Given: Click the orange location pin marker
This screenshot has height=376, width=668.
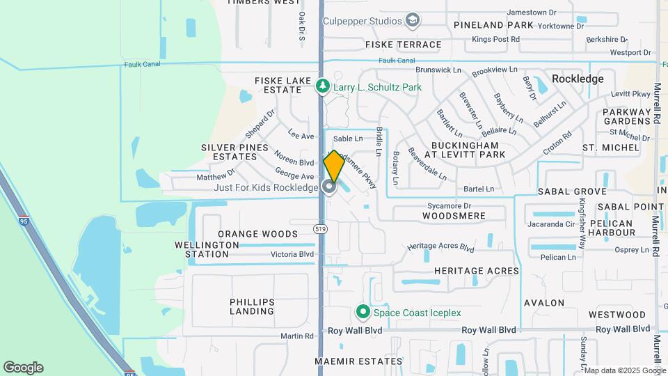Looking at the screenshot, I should click(x=334, y=166).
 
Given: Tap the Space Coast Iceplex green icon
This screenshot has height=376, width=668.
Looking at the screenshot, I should click(x=362, y=312).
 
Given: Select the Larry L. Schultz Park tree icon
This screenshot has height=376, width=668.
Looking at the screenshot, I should click(x=322, y=86).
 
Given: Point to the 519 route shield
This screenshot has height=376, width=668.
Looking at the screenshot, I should click(x=321, y=228).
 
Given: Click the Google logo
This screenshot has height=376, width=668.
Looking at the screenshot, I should click(x=23, y=368).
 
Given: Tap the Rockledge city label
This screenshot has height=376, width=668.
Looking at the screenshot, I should click(x=578, y=79).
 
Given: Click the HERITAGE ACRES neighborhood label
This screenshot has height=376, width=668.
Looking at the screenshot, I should click(x=477, y=270).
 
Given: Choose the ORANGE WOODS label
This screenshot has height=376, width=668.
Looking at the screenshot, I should click(x=257, y=234).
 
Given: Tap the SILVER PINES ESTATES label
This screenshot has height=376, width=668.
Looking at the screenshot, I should click(x=234, y=152).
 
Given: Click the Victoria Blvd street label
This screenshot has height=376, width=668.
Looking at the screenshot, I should click(x=292, y=254).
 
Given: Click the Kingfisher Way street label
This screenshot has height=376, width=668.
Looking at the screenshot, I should click(x=582, y=214).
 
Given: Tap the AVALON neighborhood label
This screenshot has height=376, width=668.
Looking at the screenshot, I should click(x=544, y=303).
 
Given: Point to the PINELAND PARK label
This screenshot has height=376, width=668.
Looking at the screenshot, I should click(x=493, y=25).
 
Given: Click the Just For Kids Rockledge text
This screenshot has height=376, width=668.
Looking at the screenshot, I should click(x=265, y=187).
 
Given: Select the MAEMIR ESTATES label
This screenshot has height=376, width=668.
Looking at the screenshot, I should click(x=358, y=361).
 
